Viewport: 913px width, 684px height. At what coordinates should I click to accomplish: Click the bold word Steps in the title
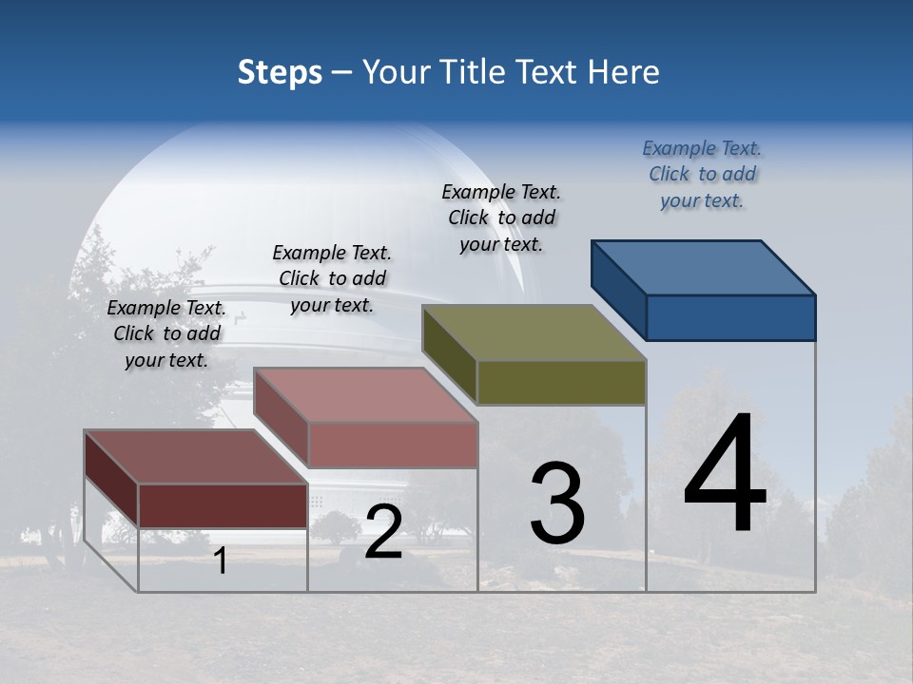point(280,72)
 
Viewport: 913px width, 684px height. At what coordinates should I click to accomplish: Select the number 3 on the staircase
point(557,504)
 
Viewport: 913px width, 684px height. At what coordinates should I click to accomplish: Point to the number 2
point(383,533)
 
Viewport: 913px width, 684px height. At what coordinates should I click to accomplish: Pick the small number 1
point(221,561)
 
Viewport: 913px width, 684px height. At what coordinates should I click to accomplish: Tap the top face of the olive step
point(534,332)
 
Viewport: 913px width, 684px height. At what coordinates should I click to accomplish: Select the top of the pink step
point(366,395)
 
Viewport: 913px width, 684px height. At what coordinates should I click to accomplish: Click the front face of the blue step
point(730,317)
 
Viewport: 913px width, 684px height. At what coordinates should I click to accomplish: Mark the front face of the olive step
point(561,383)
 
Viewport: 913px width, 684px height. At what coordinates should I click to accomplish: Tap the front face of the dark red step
point(223,505)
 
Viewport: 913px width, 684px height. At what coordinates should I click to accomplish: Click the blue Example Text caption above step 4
point(702,175)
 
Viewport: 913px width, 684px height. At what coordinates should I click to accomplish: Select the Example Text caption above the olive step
point(501,218)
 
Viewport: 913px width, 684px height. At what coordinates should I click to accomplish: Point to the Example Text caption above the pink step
point(332,279)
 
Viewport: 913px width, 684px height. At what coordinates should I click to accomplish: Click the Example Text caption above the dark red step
point(166,334)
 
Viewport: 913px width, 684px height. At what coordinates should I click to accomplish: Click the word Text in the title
point(551,72)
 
